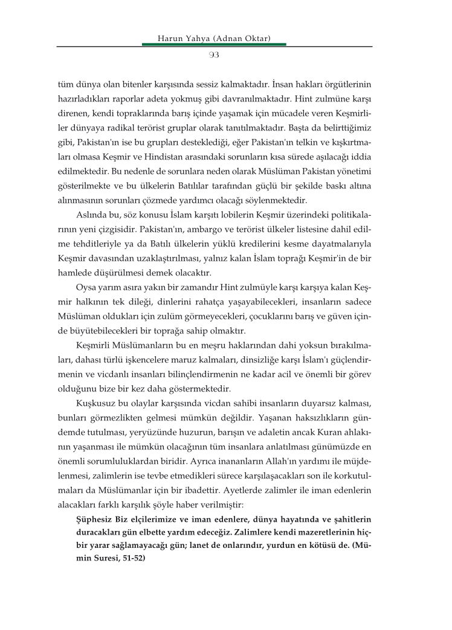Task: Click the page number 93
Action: pyautogui.click(x=213, y=55)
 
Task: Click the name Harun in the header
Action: pyautogui.click(x=169, y=39)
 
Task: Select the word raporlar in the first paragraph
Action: pyautogui.click(x=155, y=97)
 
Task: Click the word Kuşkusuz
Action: pyautogui.click(x=92, y=402)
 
